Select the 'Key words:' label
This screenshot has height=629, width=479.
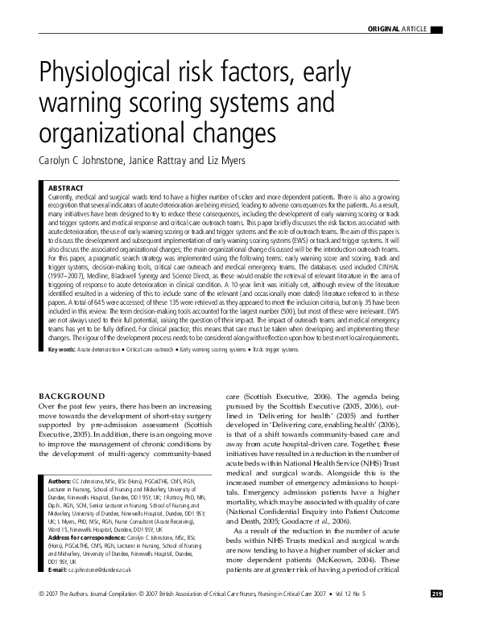[x=63, y=372]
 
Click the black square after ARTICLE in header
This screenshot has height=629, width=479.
[x=436, y=30]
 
